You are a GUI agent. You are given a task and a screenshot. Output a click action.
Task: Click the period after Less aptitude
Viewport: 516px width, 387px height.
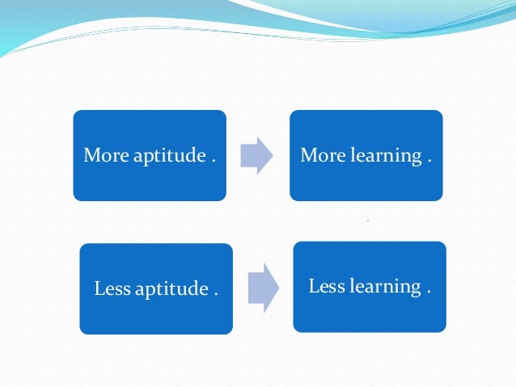tap(217, 292)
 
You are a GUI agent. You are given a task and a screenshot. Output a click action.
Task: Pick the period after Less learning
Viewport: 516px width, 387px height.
tap(429, 290)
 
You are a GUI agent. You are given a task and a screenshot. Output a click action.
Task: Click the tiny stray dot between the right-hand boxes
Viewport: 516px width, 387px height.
tap(368, 221)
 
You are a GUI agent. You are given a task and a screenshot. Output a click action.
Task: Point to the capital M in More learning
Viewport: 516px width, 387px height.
tap(307, 156)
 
